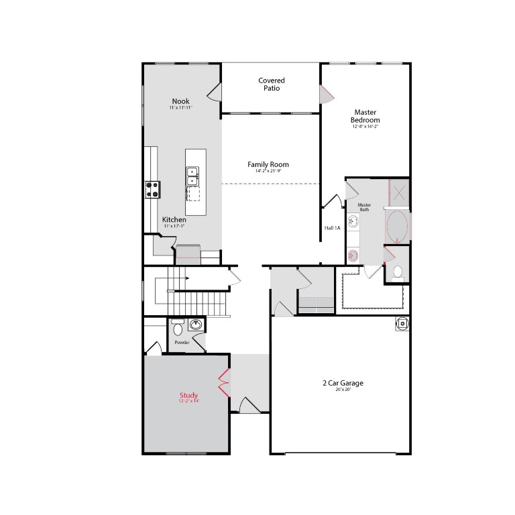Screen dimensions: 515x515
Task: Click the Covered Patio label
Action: [272, 84]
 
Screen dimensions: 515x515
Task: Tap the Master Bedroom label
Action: [365, 116]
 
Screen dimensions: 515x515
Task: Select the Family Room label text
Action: [268, 164]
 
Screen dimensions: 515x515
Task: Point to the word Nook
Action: [180, 101]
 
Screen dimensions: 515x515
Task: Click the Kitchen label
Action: [174, 219]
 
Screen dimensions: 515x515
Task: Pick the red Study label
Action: [189, 396]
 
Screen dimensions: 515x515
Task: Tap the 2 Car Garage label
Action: [343, 384]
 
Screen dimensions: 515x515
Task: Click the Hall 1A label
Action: [333, 228]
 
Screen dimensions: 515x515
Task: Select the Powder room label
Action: [182, 343]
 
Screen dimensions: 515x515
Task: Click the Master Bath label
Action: [364, 207]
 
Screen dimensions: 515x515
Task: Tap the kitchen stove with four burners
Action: [153, 190]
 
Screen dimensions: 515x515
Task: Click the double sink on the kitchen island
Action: [192, 175]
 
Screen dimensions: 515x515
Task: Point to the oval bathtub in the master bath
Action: [397, 226]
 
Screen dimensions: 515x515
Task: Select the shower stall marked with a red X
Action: [399, 193]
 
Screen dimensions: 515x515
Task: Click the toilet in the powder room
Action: [178, 329]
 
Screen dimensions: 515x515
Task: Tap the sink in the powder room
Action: [195, 325]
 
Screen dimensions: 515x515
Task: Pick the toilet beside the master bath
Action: [397, 272]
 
